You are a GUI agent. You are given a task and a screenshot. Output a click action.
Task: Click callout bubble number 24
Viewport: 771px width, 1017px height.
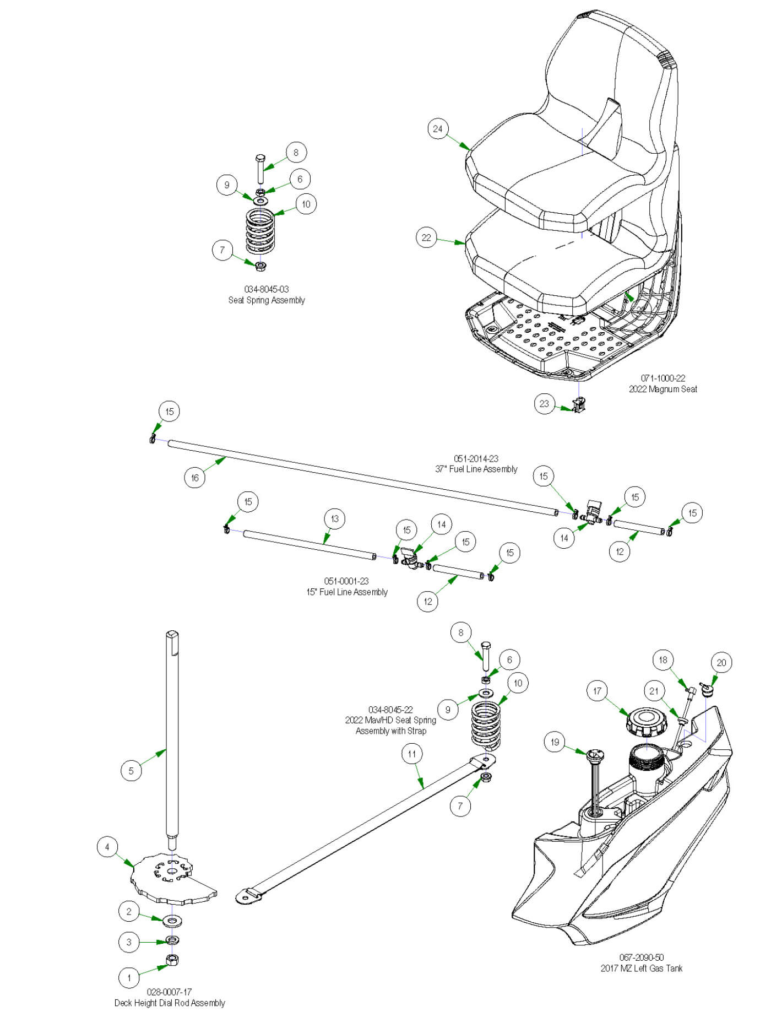[x=438, y=129]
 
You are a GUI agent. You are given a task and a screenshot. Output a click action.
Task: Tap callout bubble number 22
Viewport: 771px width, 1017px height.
[x=426, y=238]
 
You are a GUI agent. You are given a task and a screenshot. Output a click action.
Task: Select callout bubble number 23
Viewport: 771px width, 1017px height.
[x=544, y=404]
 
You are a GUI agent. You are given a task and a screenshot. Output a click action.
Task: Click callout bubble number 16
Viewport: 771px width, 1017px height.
[x=194, y=478]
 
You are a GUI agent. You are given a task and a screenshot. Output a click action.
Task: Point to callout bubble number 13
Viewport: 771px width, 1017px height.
[x=335, y=518]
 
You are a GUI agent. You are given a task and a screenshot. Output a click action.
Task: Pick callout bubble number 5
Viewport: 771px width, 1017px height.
[x=131, y=771]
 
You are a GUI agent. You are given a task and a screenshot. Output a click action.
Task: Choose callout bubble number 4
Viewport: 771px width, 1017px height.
[x=107, y=847]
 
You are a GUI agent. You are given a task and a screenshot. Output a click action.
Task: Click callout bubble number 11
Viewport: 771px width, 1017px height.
[x=412, y=754]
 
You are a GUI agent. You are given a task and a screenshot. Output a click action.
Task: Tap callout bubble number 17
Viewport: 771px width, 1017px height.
[x=598, y=691]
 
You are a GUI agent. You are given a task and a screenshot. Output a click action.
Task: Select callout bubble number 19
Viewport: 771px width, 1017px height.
[x=555, y=742]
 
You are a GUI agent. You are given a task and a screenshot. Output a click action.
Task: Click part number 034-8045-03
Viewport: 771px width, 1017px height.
[x=267, y=289]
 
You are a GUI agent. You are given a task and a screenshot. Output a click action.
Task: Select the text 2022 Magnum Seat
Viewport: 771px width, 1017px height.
[x=663, y=389]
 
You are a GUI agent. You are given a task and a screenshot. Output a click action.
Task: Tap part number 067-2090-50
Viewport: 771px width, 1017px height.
[x=642, y=958]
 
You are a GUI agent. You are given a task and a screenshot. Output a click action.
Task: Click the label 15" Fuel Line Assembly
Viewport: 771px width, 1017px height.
[x=347, y=592]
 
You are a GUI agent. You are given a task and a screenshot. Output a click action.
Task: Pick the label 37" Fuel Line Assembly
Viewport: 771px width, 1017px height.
[x=476, y=469]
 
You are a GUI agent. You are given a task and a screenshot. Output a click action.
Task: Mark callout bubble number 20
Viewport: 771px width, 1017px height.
[x=721, y=663]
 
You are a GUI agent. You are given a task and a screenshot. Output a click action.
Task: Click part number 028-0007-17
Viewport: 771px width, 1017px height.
[x=169, y=992]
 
